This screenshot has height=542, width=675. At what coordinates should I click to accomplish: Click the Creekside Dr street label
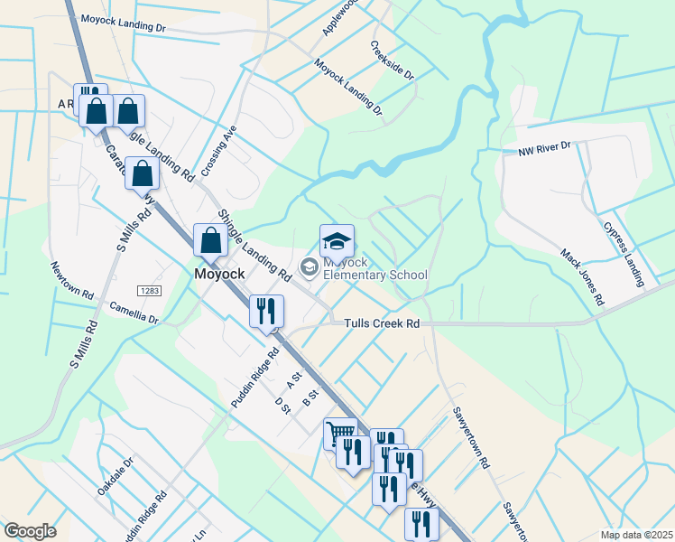point(392,60)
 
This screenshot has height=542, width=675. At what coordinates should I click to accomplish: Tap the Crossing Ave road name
point(218,151)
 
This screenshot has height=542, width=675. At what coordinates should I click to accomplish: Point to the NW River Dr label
point(544,146)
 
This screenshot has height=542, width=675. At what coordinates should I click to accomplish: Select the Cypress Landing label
point(624,255)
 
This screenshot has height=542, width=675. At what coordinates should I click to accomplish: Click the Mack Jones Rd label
point(581,276)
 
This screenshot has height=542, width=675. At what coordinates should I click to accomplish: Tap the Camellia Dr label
point(134,313)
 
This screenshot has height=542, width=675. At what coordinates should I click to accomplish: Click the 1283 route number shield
point(149,290)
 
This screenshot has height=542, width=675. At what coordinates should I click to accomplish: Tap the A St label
point(292,376)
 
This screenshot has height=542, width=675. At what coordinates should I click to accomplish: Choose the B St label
point(312,396)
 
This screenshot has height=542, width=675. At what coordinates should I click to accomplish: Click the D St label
point(282,406)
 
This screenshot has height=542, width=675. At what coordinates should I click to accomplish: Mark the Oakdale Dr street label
point(115,475)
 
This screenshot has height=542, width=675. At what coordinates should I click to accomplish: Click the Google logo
point(30,531)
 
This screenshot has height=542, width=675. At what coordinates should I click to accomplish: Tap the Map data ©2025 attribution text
point(635,535)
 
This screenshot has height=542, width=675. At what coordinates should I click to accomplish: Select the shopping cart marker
point(340,433)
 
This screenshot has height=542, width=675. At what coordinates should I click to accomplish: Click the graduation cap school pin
point(337,241)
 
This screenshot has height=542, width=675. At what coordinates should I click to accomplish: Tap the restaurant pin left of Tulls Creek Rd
point(266,312)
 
